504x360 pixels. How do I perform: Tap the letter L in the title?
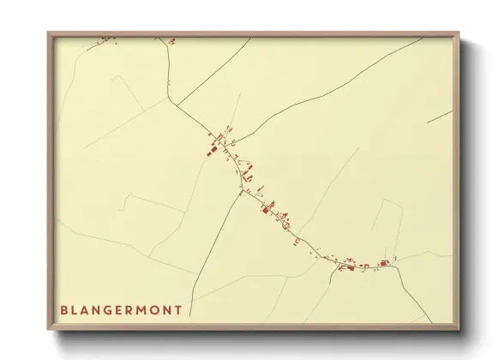click(x=77, y=310)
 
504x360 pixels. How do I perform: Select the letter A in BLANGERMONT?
click(x=89, y=310)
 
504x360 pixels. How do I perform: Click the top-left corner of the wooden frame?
click(x=49, y=33)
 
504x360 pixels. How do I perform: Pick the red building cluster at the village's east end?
click(x=384, y=262)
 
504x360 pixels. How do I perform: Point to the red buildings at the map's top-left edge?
click(x=106, y=38)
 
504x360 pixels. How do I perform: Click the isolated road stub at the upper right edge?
click(x=440, y=116)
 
